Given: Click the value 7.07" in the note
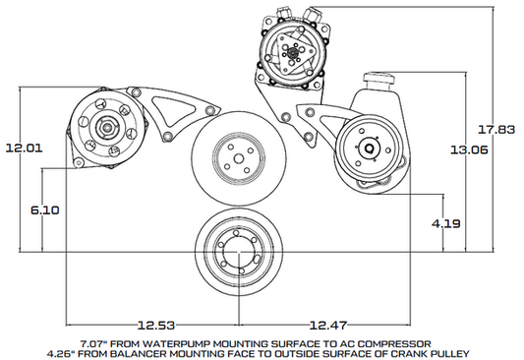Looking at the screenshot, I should [92, 341].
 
